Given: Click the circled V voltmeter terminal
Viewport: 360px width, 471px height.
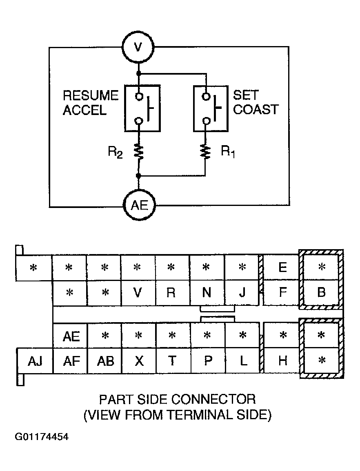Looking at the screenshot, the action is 138,46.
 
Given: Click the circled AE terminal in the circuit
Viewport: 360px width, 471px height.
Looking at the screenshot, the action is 139,206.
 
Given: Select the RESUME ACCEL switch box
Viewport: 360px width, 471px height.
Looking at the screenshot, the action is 142,108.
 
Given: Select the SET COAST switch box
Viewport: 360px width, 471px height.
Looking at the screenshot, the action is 211,108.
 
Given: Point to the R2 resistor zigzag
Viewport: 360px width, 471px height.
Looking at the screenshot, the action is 139,151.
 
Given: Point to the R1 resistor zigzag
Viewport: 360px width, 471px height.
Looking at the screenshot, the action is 206,151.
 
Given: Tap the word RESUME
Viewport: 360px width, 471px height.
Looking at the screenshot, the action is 91,95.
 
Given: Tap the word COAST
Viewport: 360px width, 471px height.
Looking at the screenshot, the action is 256,109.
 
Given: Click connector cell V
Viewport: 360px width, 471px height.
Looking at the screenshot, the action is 138,293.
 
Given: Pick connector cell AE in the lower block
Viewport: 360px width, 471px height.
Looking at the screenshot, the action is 70,336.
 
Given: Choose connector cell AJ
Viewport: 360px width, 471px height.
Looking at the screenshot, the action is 35,361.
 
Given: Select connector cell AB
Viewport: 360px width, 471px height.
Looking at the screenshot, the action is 104,361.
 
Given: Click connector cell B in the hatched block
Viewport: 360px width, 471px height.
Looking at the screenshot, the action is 321,292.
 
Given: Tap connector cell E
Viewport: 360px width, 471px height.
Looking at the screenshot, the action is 282,268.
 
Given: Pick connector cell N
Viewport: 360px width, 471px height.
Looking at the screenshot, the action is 207,293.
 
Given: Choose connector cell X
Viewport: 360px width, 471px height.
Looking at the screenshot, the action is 139,361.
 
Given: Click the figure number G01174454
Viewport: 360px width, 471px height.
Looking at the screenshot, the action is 42,436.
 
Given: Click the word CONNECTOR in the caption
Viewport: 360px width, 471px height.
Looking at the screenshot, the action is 213,400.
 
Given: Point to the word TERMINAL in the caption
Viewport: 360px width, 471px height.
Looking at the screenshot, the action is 200,415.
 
